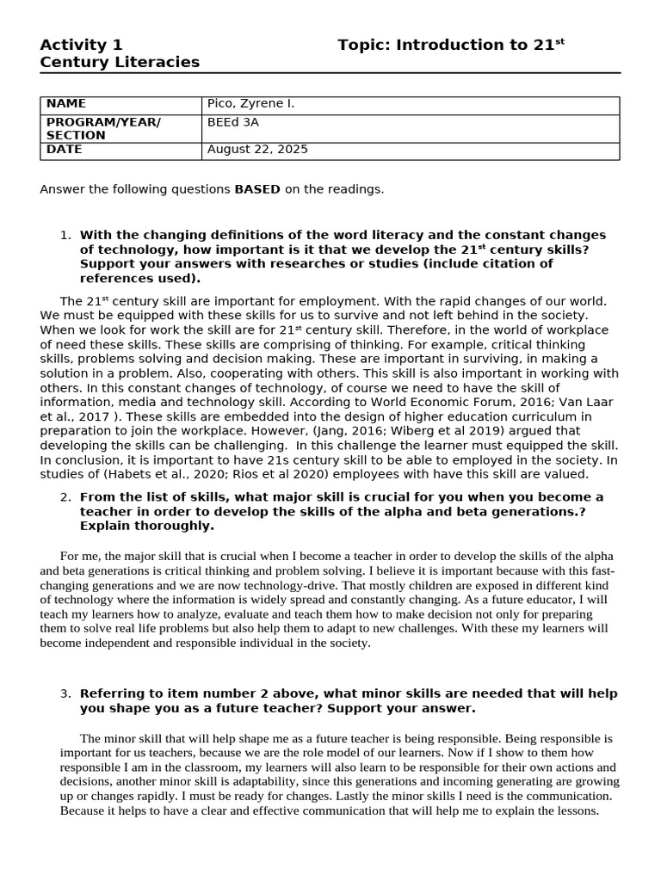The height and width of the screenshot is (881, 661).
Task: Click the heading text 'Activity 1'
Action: click(82, 45)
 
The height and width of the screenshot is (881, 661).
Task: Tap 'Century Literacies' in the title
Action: click(120, 62)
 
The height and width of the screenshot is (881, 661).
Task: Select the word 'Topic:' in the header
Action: click(364, 45)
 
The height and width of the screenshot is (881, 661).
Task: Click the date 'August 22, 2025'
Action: click(257, 150)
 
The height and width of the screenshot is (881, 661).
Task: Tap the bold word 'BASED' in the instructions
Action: click(257, 189)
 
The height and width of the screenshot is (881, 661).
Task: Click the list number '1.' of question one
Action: click(65, 235)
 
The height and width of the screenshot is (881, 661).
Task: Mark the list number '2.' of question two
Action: click(65, 497)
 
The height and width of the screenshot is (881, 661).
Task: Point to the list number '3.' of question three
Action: click(65, 693)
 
